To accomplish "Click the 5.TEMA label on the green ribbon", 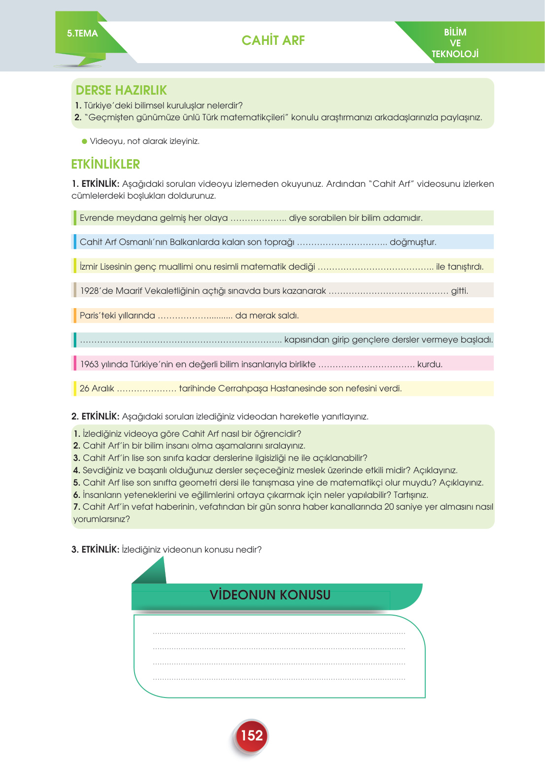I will click(82, 34).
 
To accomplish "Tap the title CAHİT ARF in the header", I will click(273, 40).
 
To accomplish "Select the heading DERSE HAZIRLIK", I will click(121, 90).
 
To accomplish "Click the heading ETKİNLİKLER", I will click(105, 164).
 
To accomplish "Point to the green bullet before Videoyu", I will click(84, 141).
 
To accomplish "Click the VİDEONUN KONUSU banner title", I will click(270, 595).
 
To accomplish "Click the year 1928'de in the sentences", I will click(97, 291).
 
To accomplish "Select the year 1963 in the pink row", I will click(89, 364).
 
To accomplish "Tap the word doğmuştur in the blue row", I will click(412, 242).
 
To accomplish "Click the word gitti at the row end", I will click(459, 291).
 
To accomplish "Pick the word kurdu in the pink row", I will click(429, 364).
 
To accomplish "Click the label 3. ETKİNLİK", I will click(95, 550).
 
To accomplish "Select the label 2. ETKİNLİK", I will click(95, 417).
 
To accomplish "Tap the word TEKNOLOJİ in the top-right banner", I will click(455, 54).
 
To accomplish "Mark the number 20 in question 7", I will click(389, 507).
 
